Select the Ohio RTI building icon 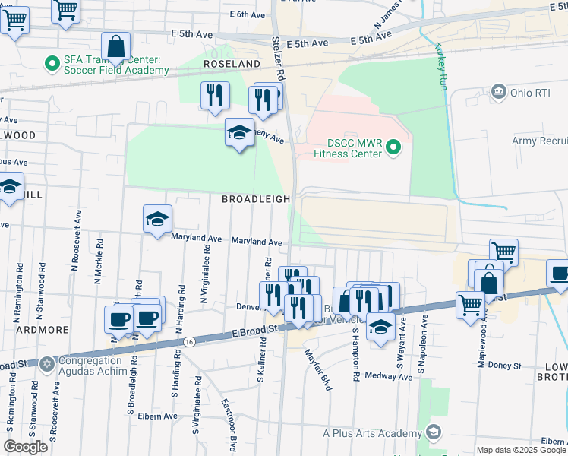(499, 93)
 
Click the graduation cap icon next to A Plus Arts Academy (433, 432)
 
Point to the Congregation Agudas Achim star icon (46, 364)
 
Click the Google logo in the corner (25, 447)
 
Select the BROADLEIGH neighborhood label (256, 199)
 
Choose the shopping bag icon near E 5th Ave (116, 46)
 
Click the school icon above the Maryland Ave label (157, 220)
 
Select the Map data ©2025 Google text (520, 450)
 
